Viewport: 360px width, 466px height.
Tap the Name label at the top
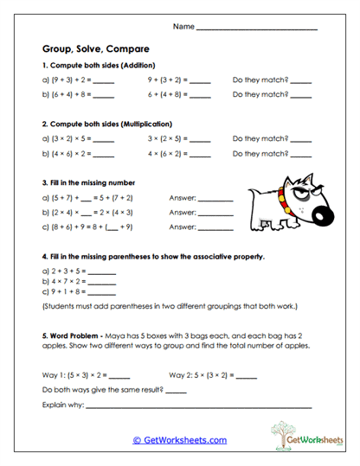(x=183, y=27)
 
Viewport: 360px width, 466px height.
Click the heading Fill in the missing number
(x=88, y=182)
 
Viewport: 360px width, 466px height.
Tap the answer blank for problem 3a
(x=215, y=198)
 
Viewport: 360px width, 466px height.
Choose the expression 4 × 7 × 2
(x=61, y=282)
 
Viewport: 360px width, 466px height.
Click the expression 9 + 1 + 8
(x=61, y=293)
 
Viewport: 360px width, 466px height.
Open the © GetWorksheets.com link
(x=179, y=440)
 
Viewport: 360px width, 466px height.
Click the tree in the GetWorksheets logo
(x=281, y=432)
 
